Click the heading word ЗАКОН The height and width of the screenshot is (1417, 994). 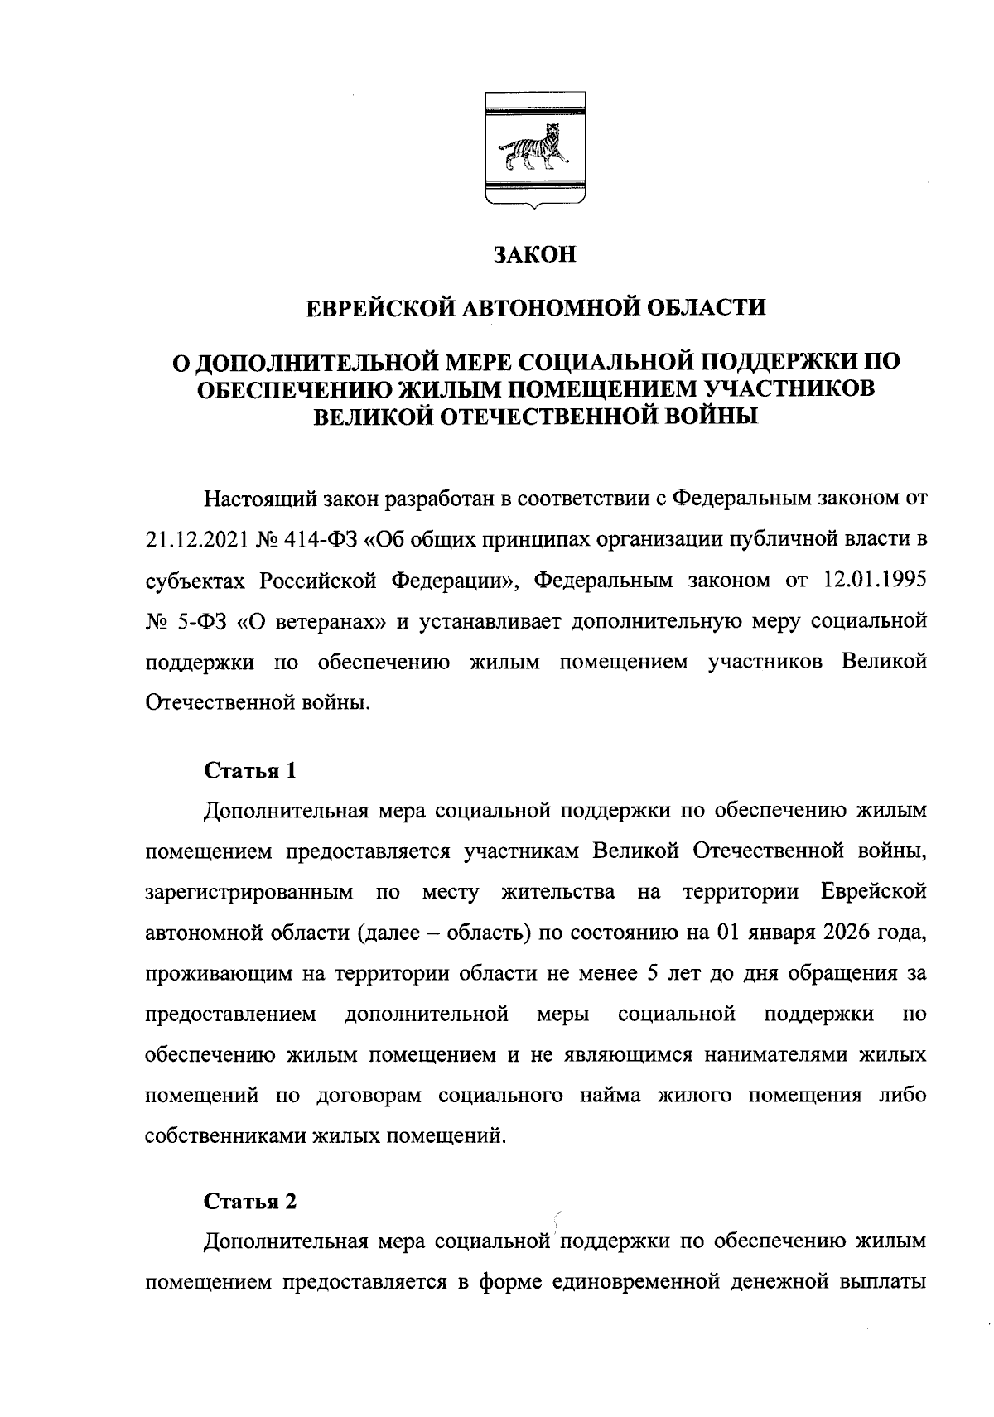534,254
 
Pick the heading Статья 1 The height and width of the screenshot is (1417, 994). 250,771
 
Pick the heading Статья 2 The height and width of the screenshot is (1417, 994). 250,1202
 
